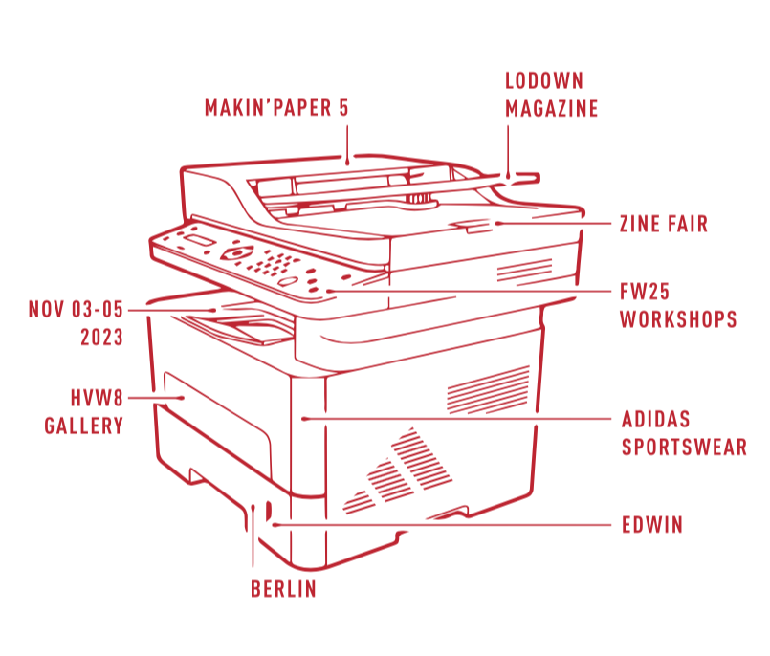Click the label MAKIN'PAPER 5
coord(275,107)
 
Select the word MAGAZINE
coord(551,109)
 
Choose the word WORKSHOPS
coord(678,319)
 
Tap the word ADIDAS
coord(655,419)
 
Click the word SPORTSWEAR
coord(684,447)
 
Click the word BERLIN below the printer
coord(283,589)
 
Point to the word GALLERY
coord(84,425)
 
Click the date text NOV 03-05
coord(77,310)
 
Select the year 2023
coord(100,338)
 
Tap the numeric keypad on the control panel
coord(276,262)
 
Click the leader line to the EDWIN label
coord(440,525)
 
